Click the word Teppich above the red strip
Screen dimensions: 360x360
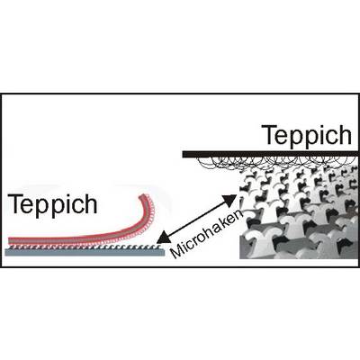pyautogui.click(x=53, y=204)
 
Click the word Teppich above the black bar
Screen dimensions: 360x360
pyautogui.click(x=306, y=136)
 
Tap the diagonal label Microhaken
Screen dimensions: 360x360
pyautogui.click(x=208, y=234)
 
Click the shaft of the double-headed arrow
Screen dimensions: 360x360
pyautogui.click(x=196, y=219)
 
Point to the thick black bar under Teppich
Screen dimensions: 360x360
pyautogui.click(x=270, y=154)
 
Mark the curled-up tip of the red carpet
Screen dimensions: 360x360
pyautogui.click(x=144, y=197)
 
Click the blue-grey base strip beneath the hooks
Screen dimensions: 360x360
pyautogui.click(x=85, y=252)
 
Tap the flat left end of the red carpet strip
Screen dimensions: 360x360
pyautogui.click(x=10, y=240)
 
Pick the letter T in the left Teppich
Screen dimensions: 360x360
pyautogui.click(x=15, y=204)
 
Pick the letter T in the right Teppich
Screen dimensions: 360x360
pyautogui.click(x=269, y=135)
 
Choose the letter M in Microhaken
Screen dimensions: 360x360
pyautogui.click(x=176, y=251)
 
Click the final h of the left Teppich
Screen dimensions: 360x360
pyautogui.click(x=91, y=204)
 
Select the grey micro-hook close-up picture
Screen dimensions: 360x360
pyautogui.click(x=299, y=211)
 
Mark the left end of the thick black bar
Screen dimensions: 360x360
pyautogui.click(x=184, y=154)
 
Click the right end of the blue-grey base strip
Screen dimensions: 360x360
pyautogui.click(x=163, y=252)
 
